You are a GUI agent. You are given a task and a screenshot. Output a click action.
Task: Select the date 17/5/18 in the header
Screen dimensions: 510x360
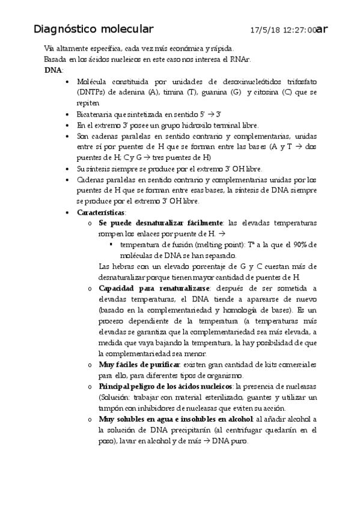[263, 29]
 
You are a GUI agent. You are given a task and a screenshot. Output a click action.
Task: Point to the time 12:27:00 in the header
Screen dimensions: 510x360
[297, 29]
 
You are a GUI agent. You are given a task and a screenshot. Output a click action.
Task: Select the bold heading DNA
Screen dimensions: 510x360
[53, 70]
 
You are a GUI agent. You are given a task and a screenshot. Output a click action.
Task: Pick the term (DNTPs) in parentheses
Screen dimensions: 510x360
[92, 92]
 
